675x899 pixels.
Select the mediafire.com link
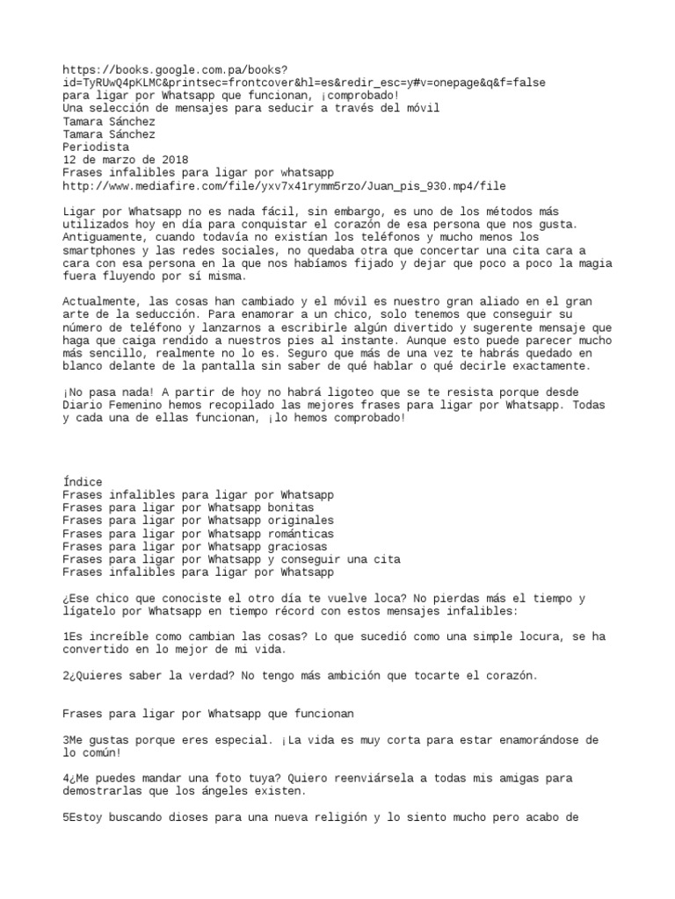[284, 186]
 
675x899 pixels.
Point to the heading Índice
[83, 482]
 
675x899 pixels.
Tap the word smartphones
[99, 251]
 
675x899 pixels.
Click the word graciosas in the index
[291, 546]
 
